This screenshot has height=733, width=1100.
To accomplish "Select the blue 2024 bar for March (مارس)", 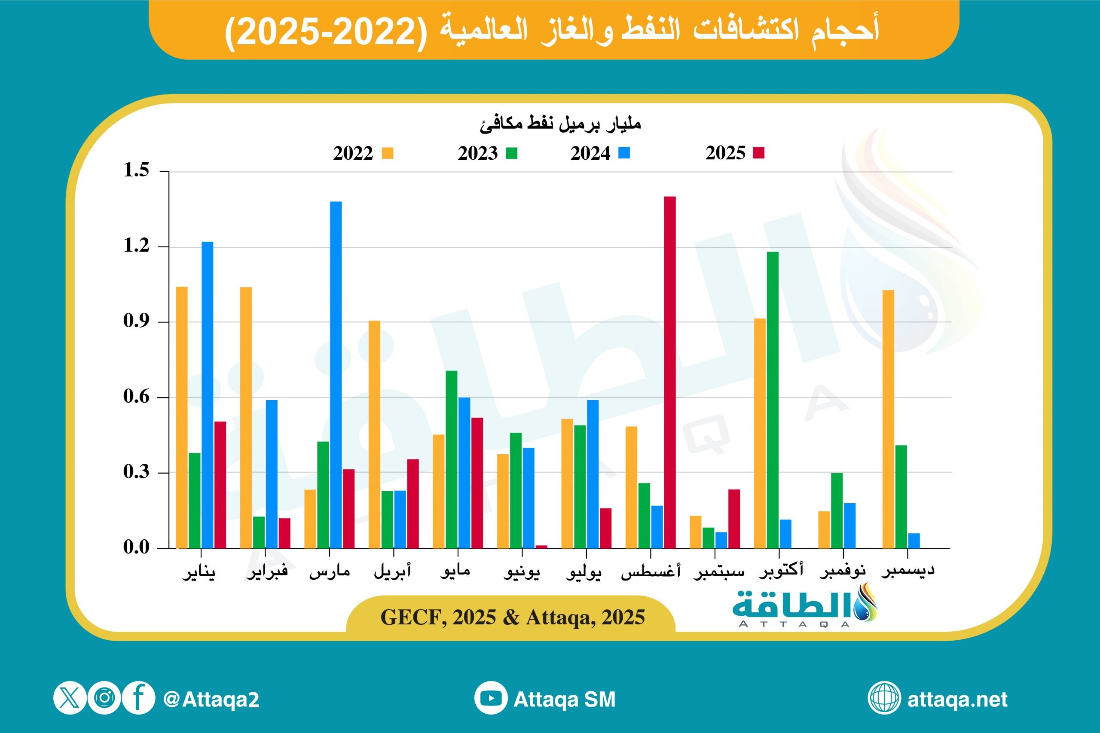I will (336, 374).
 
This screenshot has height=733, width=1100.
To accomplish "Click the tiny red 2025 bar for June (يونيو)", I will (541, 547).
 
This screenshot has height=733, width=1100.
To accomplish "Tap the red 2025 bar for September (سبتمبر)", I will (734, 518).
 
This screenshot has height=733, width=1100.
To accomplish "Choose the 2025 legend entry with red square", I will (735, 153).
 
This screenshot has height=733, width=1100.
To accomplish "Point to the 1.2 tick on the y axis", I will (136, 246).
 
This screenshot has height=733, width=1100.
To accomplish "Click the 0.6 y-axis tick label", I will (136, 396).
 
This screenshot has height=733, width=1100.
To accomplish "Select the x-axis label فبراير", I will (267, 572).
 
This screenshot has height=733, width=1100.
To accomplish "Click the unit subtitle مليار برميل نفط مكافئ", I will (560, 124).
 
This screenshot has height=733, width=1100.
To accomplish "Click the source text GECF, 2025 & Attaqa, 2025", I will (513, 617).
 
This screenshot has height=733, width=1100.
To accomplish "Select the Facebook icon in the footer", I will (138, 698).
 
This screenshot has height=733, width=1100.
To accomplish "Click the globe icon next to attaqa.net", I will (884, 698).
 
